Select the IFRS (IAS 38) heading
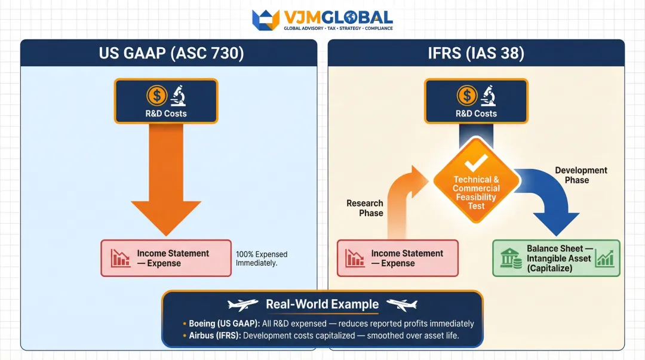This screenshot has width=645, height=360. pyautogui.click(x=476, y=53)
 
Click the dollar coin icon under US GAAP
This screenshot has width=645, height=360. pyautogui.click(x=157, y=96)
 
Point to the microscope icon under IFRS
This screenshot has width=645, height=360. pyautogui.click(x=487, y=96)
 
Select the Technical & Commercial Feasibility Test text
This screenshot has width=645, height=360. pyautogui.click(x=476, y=192)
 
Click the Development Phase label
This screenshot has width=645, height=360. pyautogui.click(x=580, y=175)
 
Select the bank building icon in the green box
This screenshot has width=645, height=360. pyautogui.click(x=509, y=259)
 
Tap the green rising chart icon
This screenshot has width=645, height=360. pyautogui.click(x=604, y=259)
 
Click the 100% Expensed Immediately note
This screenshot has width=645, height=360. pyautogui.click(x=261, y=259)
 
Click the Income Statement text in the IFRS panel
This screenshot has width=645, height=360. pyautogui.click(x=407, y=253)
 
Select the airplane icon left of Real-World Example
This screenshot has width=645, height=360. pyautogui.click(x=242, y=304)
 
